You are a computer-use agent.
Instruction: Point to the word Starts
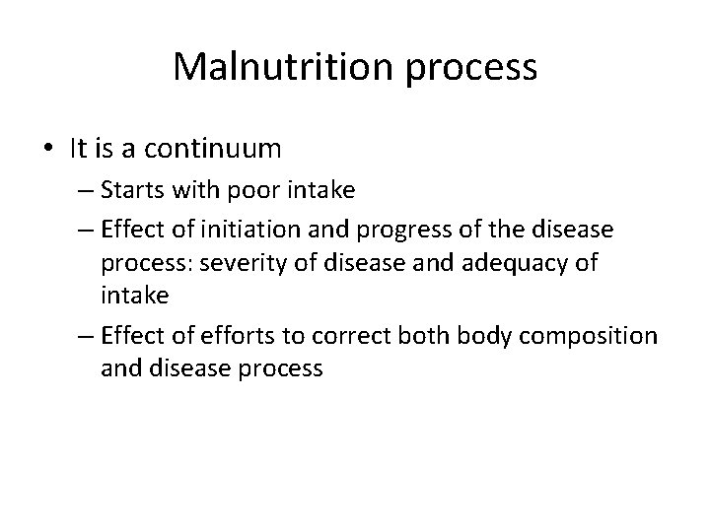pos(133,191)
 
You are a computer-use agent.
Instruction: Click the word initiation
pos(235,230)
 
